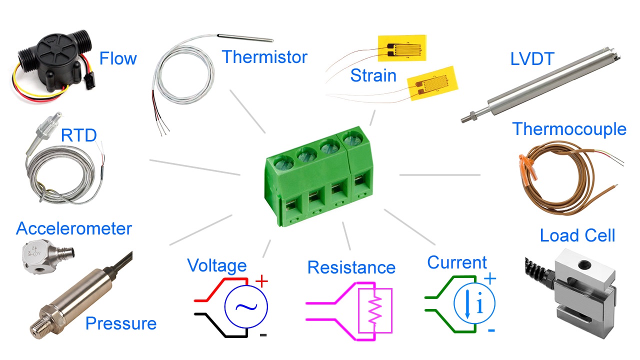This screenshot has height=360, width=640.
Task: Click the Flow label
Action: click(118, 58)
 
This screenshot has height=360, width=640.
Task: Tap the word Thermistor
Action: click(264, 56)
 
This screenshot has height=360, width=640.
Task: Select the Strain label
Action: click(373, 75)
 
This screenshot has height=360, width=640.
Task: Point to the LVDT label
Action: click(532, 59)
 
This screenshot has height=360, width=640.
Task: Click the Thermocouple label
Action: click(569, 129)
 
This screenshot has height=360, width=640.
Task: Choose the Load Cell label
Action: click(577, 235)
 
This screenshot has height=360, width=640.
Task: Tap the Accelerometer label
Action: click(74, 228)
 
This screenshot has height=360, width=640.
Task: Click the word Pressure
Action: click(121, 323)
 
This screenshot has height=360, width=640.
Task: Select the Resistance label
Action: click(351, 267)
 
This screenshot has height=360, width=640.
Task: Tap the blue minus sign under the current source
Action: click(491, 330)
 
